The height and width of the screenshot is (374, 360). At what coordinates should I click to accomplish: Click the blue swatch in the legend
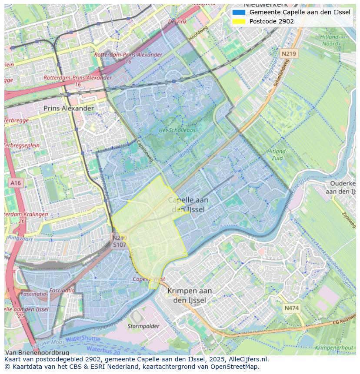click(x=239, y=13)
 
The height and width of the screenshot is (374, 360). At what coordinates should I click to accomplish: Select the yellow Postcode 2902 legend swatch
click(x=239, y=21)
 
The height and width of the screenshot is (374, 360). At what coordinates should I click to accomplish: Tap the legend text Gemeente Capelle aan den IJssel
click(x=300, y=13)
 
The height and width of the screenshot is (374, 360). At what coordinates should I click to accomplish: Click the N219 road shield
click(x=288, y=54)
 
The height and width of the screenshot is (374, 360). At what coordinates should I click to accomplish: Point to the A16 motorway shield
click(x=16, y=183)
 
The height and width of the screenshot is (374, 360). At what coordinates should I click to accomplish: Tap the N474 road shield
click(x=291, y=308)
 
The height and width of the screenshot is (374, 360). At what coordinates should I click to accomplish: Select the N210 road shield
click(x=119, y=238)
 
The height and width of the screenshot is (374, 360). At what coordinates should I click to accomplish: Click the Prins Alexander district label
click(x=69, y=108)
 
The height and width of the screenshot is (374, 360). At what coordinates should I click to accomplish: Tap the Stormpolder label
click(x=143, y=326)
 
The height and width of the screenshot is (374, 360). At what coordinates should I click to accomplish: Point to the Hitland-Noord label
click(x=330, y=40)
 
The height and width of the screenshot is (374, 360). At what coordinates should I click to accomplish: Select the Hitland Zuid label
click(x=277, y=155)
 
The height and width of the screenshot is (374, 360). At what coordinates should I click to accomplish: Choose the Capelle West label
click(x=149, y=279)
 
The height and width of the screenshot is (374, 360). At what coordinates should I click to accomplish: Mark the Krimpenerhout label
click(x=334, y=348)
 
